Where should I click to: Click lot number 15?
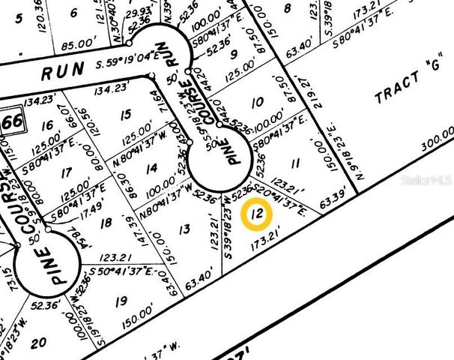click(125, 114)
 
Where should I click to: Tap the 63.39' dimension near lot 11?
click(336, 200)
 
